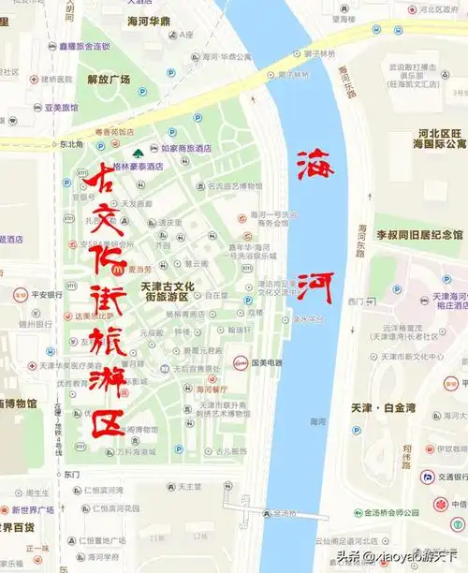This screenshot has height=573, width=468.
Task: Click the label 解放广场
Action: [x=108, y=80]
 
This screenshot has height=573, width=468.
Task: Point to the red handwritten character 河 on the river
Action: [x=317, y=286]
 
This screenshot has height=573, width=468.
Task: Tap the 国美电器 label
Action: [x=267, y=361]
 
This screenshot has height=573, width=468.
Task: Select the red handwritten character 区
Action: [x=106, y=426]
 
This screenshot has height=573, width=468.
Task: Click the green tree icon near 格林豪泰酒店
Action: [x=139, y=152]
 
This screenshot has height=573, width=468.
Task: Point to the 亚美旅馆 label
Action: [x=62, y=108]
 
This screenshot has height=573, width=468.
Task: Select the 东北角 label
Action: [x=71, y=144]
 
